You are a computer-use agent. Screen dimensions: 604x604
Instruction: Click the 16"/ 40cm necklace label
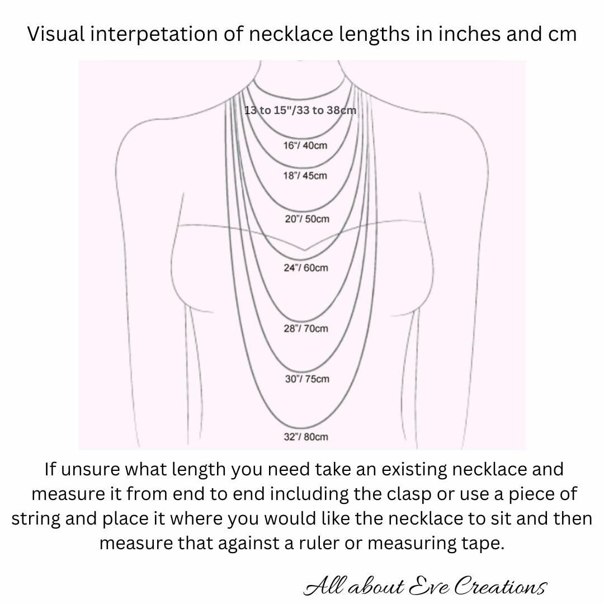[x=305, y=145]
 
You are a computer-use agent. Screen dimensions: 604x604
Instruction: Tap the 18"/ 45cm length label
[x=305, y=176]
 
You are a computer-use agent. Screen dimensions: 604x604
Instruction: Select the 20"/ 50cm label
[x=307, y=219]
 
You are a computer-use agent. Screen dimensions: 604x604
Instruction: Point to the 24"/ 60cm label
[x=306, y=268]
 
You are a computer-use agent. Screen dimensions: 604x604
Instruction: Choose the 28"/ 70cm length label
[x=306, y=329]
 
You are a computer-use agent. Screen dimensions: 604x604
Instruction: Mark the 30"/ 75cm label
[x=307, y=379]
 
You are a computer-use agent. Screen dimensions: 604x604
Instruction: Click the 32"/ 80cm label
[x=306, y=437]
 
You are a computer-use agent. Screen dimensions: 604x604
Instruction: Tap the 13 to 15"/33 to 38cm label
[x=300, y=111]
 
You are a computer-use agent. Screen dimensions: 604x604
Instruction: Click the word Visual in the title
[x=56, y=34]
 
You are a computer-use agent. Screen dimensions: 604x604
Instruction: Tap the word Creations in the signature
[x=501, y=586]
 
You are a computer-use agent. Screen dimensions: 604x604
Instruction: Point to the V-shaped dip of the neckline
[x=304, y=250]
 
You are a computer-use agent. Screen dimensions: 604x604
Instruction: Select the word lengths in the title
[x=374, y=35]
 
